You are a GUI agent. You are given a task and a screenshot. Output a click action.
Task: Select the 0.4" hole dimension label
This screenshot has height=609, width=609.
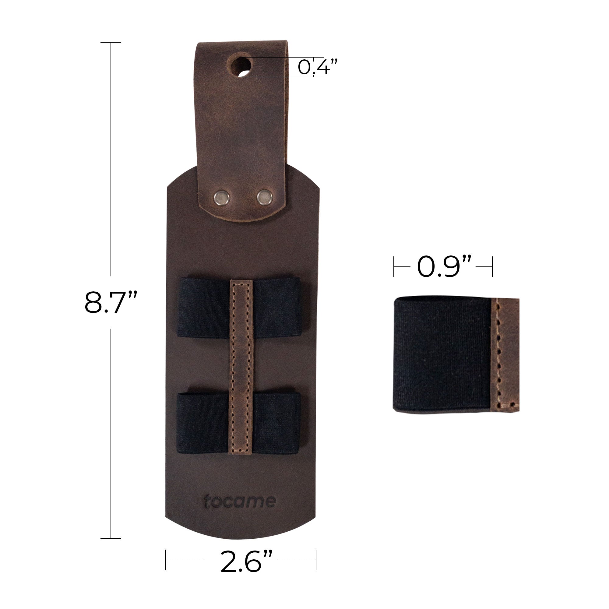tap(317, 67)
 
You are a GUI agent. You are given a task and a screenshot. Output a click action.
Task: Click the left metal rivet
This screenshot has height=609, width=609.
tap(222, 198)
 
